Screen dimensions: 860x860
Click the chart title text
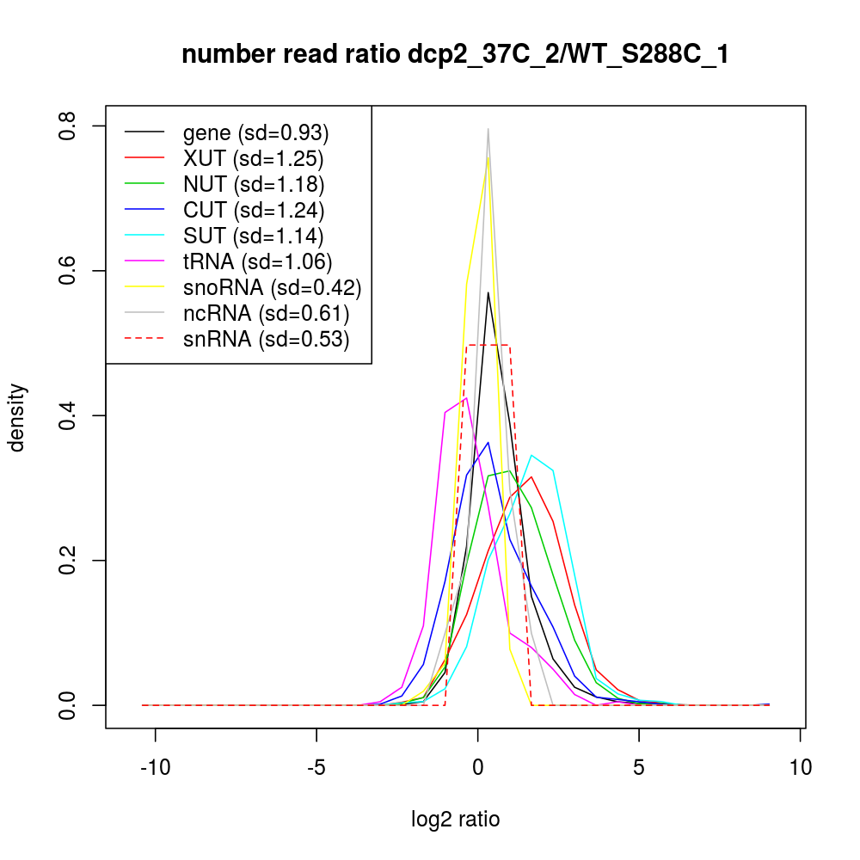(456, 55)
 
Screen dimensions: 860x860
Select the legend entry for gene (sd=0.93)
(256, 132)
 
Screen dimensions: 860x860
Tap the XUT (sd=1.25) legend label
(253, 158)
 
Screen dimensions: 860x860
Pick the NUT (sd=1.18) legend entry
(254, 184)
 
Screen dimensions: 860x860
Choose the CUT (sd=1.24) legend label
(254, 210)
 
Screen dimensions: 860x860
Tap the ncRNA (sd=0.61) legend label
(266, 313)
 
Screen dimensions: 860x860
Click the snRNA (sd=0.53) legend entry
(266, 339)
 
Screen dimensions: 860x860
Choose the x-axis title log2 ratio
(456, 819)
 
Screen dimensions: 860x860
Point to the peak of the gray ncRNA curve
(488, 129)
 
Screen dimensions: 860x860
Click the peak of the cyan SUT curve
(531, 455)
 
